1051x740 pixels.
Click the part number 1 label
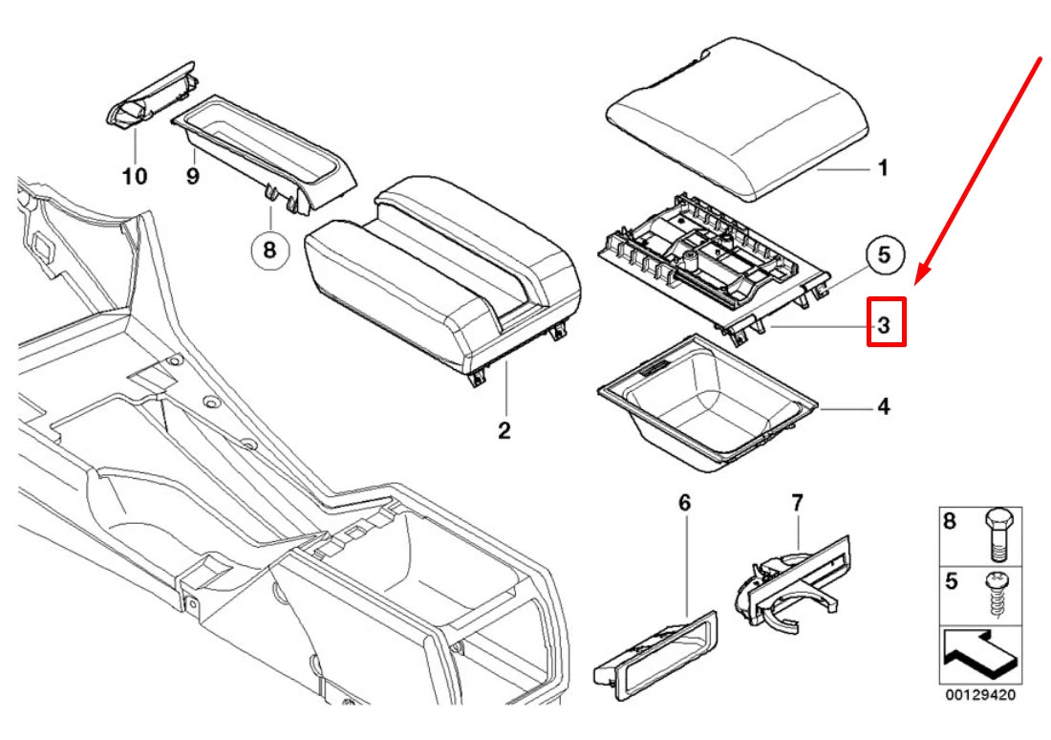pos(884,169)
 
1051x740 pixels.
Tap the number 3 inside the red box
pos(885,324)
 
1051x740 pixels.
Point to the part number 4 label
pos(884,407)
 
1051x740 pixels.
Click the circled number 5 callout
pos(884,254)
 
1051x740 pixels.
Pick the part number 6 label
pos(684,502)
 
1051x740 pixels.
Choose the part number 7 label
pos(798,502)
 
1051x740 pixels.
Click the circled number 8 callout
pos(268,250)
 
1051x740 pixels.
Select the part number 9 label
pos(192,177)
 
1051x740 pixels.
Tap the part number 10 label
pos(135,177)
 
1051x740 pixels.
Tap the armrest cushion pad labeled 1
pos(736,120)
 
